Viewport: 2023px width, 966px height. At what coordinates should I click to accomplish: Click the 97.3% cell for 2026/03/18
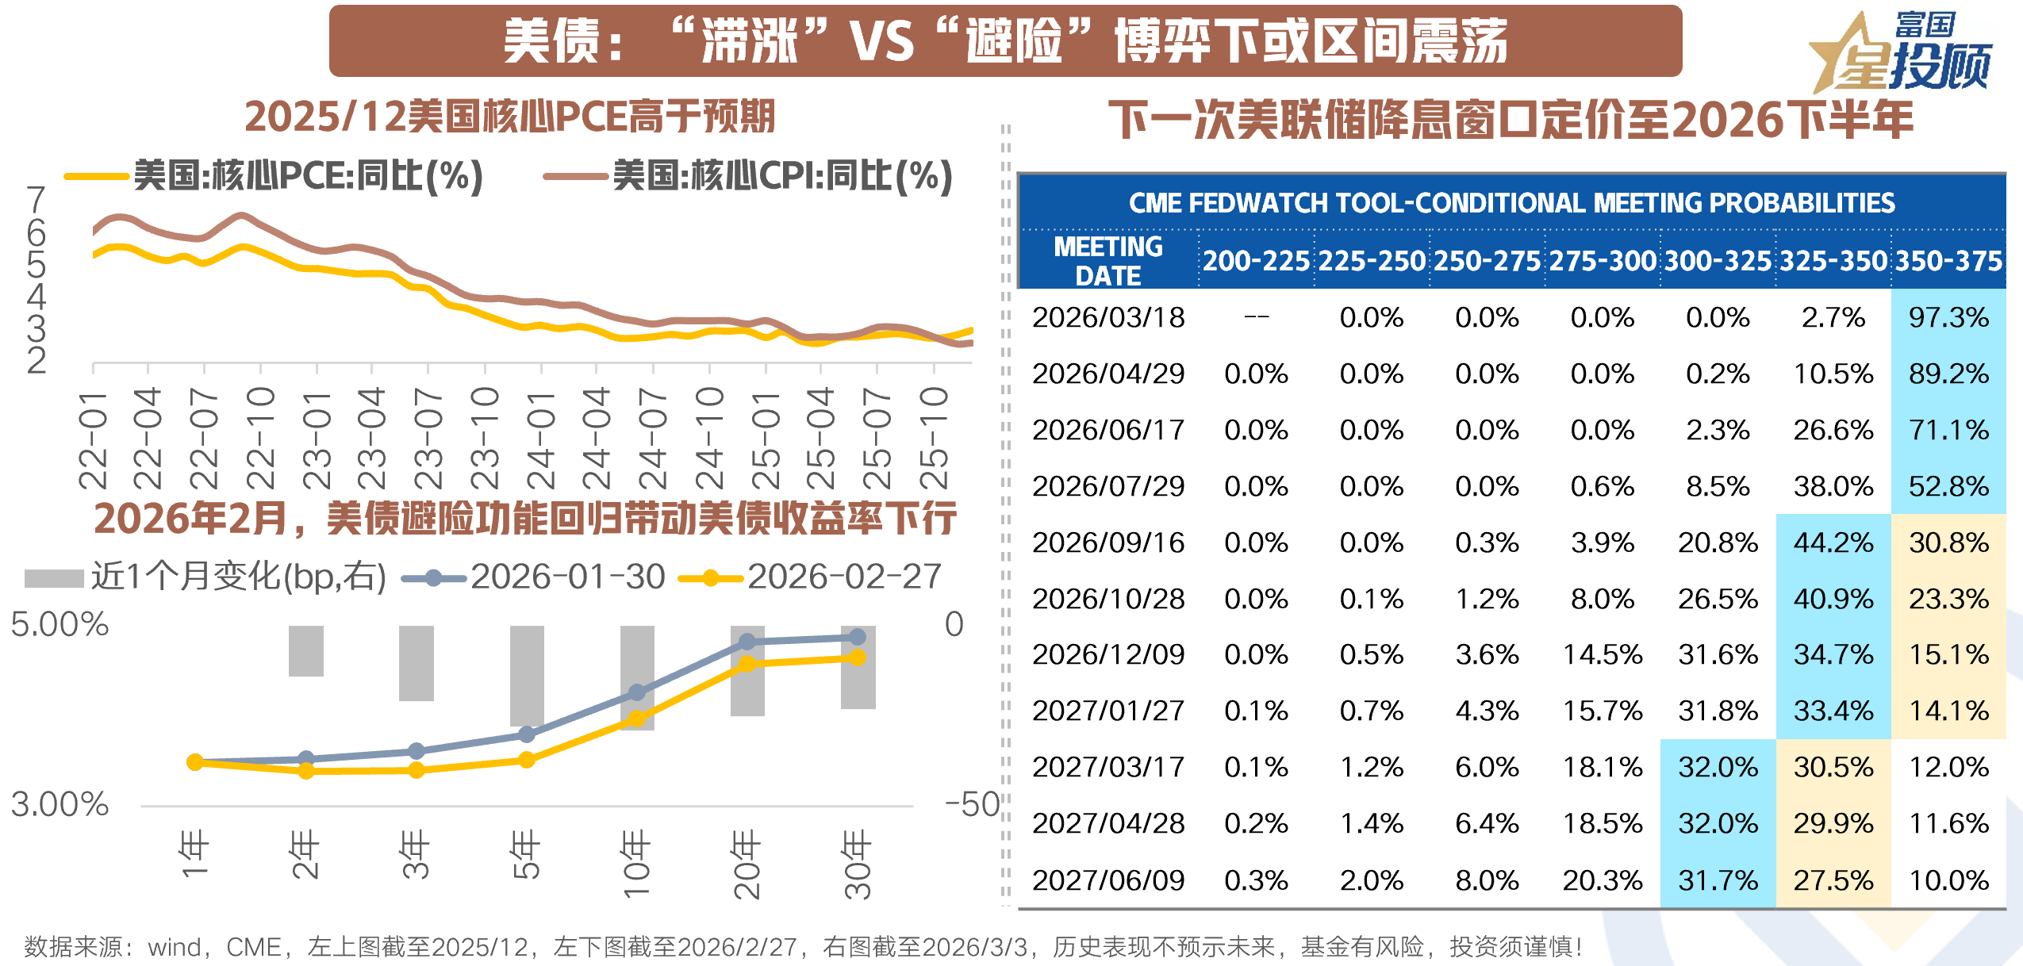(x=1948, y=317)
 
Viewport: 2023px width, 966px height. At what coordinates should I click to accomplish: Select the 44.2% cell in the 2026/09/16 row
(x=1833, y=542)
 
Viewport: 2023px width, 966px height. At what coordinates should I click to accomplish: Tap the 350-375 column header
(x=1948, y=261)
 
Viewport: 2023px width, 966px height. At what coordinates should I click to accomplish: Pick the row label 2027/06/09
(x=1108, y=880)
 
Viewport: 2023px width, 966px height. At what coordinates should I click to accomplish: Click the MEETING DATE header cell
(x=1108, y=261)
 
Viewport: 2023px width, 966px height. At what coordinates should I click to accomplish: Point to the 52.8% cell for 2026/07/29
(x=1948, y=486)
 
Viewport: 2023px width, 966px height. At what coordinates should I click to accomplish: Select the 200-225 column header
(x=1256, y=261)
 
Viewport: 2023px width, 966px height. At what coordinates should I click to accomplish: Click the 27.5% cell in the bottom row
(x=1833, y=880)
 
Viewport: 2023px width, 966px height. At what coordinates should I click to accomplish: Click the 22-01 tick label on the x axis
(x=93, y=440)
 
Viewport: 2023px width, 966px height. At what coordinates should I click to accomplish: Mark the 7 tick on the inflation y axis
(x=36, y=199)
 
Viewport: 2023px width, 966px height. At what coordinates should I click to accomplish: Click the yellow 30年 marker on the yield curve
(x=858, y=657)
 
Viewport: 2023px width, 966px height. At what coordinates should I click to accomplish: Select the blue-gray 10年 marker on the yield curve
(x=636, y=692)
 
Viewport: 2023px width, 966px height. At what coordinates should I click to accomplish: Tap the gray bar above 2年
(x=305, y=650)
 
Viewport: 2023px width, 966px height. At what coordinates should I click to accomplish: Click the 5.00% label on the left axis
(x=59, y=625)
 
